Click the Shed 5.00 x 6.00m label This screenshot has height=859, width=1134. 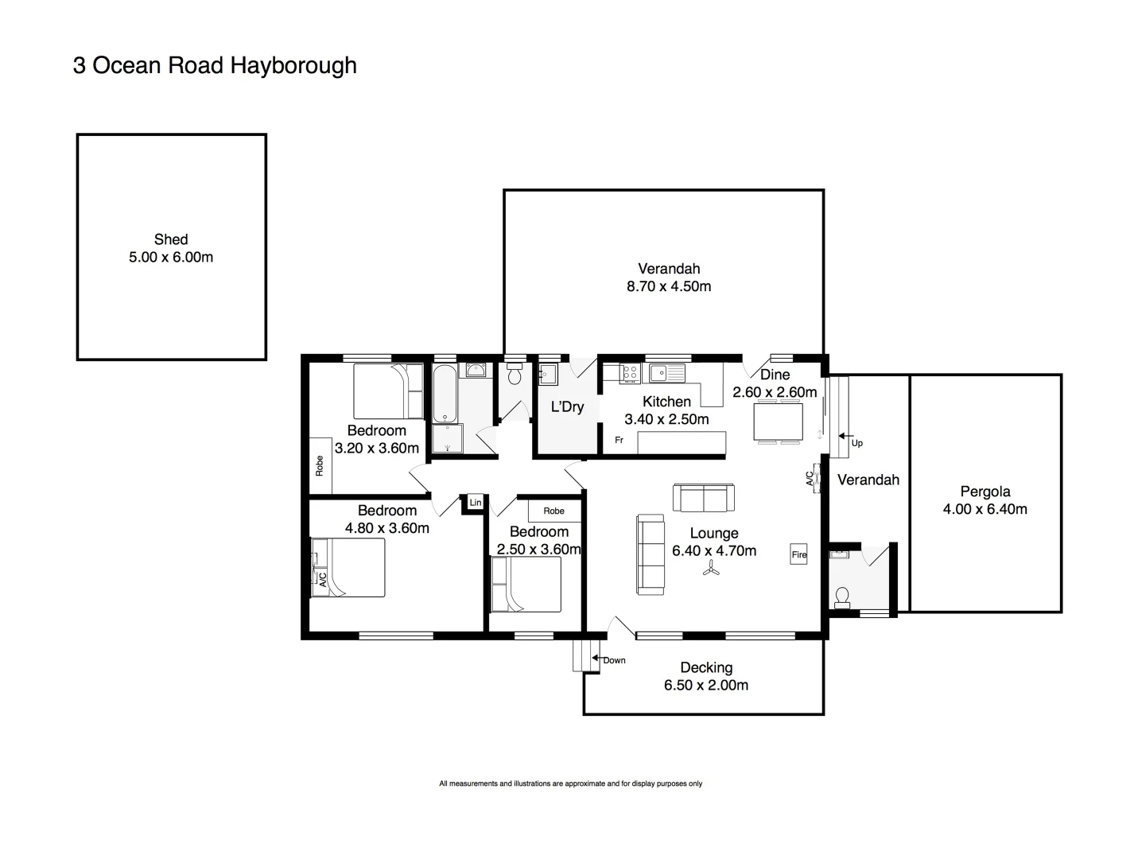point(171,248)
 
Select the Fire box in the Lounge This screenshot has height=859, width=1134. point(798,554)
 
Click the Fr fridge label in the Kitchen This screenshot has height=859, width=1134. point(619,440)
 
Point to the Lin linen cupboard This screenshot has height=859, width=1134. point(475,503)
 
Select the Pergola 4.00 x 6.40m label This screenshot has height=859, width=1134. point(984,500)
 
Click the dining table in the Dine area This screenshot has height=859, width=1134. point(778,422)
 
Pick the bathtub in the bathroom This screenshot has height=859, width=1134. point(444,394)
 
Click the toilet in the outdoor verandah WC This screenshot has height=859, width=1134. point(842,597)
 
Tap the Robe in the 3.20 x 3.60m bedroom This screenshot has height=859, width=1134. point(320,465)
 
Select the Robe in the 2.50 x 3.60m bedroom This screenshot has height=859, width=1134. point(553,511)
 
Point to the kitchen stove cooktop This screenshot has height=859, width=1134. point(629,373)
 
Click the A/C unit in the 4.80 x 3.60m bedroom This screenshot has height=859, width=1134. point(321,578)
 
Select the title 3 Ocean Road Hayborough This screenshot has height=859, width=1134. point(215,65)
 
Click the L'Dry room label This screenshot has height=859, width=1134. point(567,407)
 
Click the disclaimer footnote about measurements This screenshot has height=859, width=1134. point(570,783)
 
